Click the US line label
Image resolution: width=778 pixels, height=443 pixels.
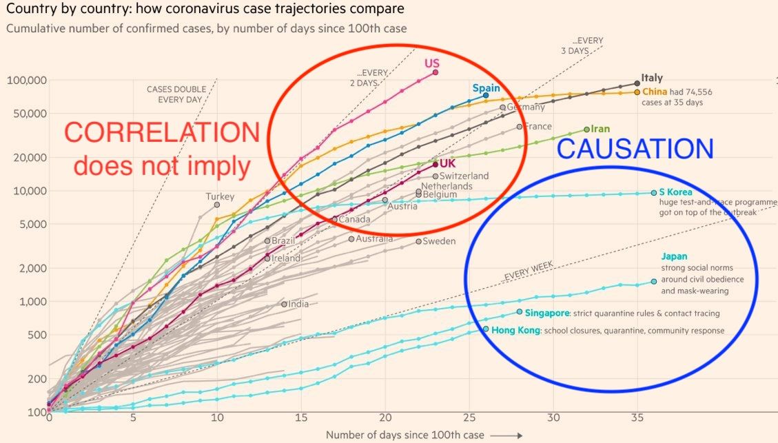click(x=432, y=64)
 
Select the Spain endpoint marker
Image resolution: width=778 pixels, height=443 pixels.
click(x=486, y=96)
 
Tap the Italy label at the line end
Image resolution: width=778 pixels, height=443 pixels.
click(x=652, y=78)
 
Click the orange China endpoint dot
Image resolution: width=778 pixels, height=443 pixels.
click(x=637, y=92)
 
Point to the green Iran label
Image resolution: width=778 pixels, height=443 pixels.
click(x=601, y=129)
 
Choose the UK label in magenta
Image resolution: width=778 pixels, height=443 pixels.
click(x=448, y=163)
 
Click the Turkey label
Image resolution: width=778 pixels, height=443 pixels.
click(x=220, y=196)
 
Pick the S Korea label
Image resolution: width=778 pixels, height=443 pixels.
click(x=675, y=192)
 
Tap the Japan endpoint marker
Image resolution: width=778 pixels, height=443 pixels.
click(x=654, y=281)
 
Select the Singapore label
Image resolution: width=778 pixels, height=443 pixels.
click(x=547, y=313)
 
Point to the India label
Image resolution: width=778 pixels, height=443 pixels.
click(x=298, y=304)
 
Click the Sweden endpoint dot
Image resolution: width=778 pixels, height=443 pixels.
click(x=418, y=241)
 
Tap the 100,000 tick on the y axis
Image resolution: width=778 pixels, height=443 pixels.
click(x=27, y=80)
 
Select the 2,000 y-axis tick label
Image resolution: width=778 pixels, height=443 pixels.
click(x=32, y=268)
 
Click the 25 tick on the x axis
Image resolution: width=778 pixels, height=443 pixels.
click(x=469, y=418)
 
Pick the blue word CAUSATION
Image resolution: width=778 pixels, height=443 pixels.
click(x=635, y=150)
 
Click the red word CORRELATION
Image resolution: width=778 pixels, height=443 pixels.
click(x=163, y=134)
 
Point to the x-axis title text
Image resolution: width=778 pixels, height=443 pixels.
click(x=405, y=435)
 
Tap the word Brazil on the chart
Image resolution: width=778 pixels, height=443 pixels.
click(x=283, y=241)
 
